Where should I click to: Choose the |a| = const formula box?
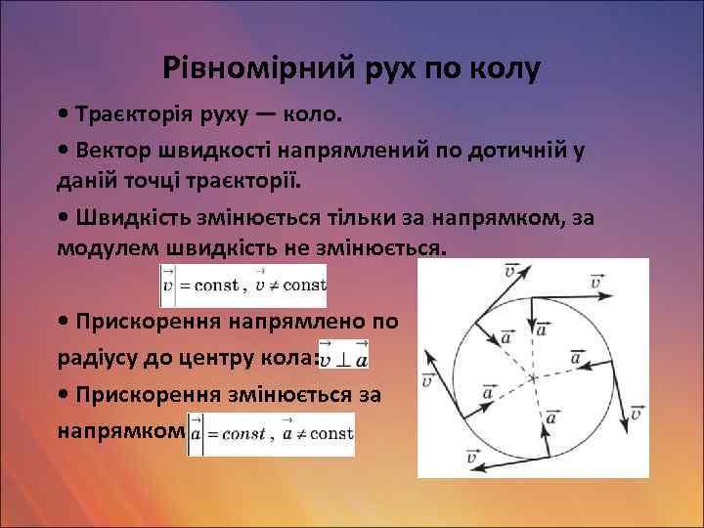(270, 434)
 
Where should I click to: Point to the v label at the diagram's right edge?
(635, 412)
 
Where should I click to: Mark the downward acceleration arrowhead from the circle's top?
(529, 328)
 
